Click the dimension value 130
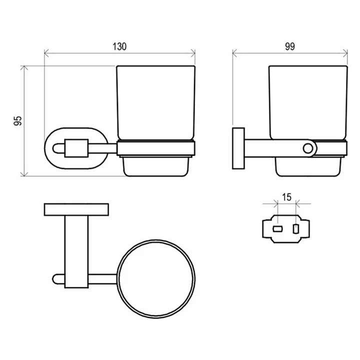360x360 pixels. tap(119, 46)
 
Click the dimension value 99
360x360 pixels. tap(290, 46)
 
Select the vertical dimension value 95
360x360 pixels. tap(18, 121)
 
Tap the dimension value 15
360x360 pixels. tap(287, 197)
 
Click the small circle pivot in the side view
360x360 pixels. tap(308, 148)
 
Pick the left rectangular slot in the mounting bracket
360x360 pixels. tap(277, 229)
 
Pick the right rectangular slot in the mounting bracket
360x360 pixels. tap(296, 229)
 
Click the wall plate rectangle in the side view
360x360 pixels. tap(238, 148)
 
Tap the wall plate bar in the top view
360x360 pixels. tap(76, 209)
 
